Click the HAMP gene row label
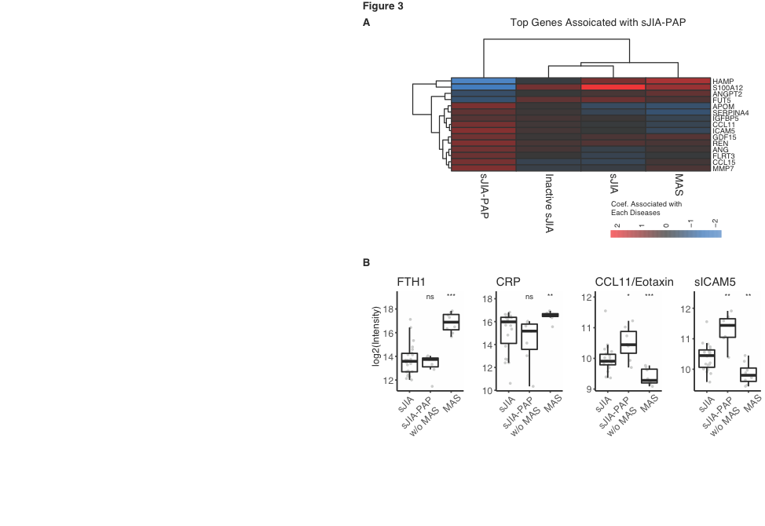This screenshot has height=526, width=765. pos(723,81)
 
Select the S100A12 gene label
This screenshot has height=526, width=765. pos(728,87)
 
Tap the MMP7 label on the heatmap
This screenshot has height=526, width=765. pos(723,168)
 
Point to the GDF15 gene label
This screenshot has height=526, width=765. pos(724,137)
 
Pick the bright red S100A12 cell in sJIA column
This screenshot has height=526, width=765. pos(613,87)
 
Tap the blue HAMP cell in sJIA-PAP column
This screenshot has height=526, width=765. pos(484,81)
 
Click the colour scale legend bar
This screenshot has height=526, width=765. pos(665,233)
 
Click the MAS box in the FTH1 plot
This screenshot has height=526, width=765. pos(451,322)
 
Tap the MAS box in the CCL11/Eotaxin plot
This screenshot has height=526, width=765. pos(649,375)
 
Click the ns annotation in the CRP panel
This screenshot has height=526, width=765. pos(529,297)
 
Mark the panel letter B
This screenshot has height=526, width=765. pos(366,262)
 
